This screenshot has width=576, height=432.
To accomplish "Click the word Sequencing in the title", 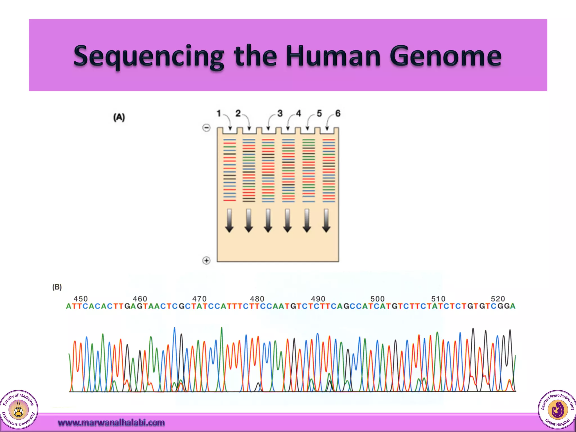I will click(x=148, y=56).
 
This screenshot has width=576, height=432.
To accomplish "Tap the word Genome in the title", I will click(x=445, y=56).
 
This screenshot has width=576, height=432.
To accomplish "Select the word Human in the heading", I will click(x=333, y=56).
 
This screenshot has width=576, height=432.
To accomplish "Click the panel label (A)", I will click(x=119, y=117).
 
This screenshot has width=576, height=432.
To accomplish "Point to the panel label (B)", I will click(x=57, y=287).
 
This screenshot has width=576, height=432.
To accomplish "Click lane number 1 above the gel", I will click(x=219, y=113).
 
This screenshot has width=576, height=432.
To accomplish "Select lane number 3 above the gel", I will click(x=280, y=113).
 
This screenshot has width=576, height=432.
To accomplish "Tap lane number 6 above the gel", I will click(x=338, y=113).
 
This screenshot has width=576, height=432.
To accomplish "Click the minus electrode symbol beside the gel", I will click(x=206, y=128).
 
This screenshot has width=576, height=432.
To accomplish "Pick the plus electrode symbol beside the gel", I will click(x=206, y=260).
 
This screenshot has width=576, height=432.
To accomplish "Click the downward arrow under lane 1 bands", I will click(x=229, y=220).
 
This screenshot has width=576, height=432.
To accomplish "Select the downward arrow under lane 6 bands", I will click(x=326, y=220).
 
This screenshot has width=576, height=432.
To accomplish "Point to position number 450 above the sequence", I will click(x=81, y=299).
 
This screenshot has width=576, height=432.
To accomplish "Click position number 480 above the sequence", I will click(x=257, y=299).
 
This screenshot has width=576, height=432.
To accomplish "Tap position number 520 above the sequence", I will click(x=498, y=299).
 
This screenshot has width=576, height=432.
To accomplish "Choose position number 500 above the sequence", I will click(x=377, y=299).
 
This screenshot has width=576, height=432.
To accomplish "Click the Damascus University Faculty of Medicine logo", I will click(x=19, y=409).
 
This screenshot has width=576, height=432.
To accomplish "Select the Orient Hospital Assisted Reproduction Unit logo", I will click(x=557, y=409).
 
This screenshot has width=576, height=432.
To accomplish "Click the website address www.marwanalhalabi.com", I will click(x=111, y=422).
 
